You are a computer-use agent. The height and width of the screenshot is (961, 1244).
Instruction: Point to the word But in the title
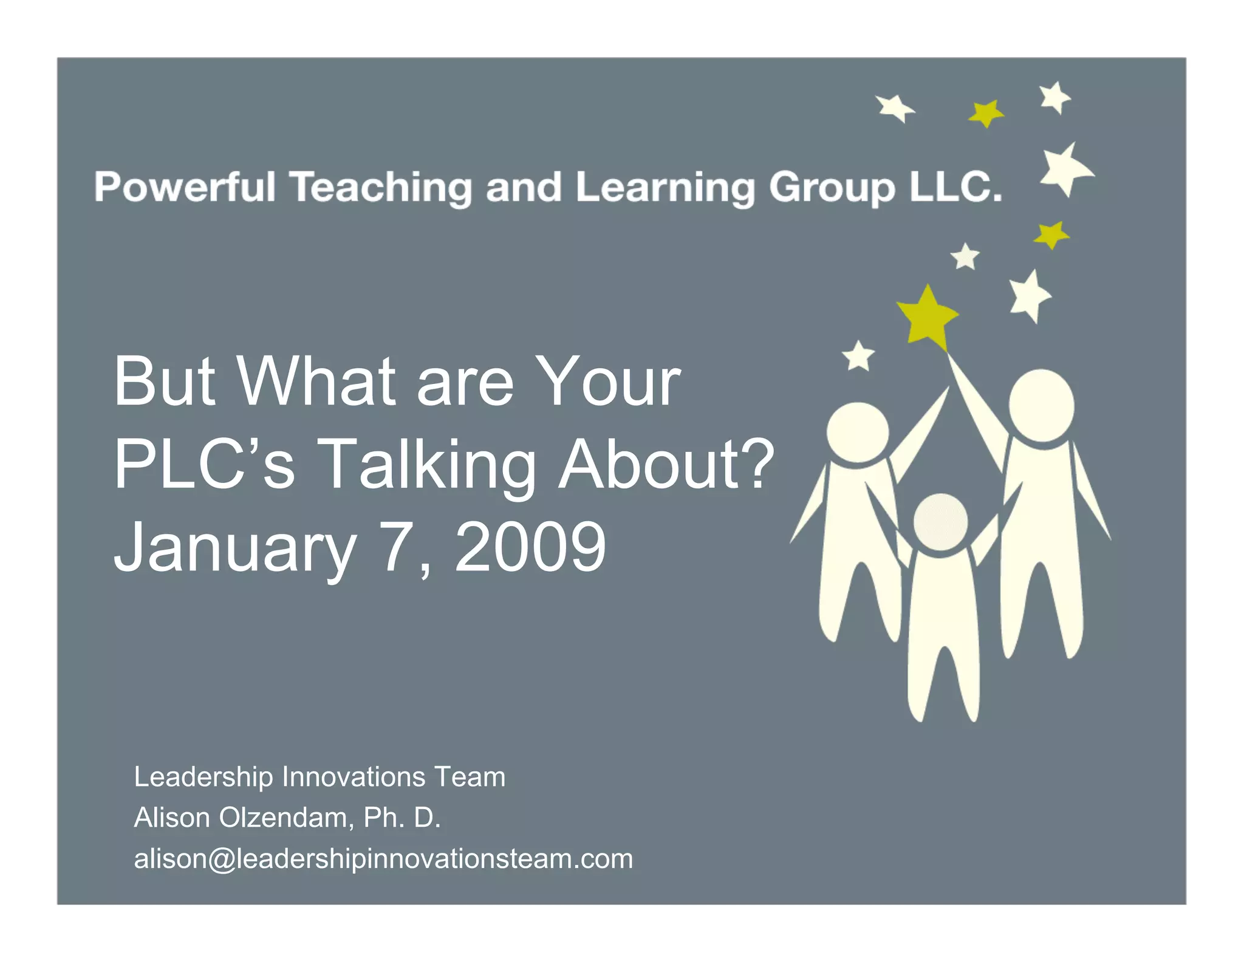coord(164,382)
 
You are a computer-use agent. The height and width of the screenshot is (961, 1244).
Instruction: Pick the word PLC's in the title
coord(204,464)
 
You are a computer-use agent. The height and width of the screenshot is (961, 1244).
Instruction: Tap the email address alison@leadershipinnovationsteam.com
coord(383,859)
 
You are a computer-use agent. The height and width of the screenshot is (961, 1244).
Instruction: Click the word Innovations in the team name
coord(354,777)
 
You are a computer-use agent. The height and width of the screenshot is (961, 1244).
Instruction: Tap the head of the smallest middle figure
coord(940,521)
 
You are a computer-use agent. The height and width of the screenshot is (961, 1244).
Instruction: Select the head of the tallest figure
coord(1041,405)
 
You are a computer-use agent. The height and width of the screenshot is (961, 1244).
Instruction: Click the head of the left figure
coord(857,432)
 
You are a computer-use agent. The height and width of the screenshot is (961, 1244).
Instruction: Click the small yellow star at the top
coord(985,113)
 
